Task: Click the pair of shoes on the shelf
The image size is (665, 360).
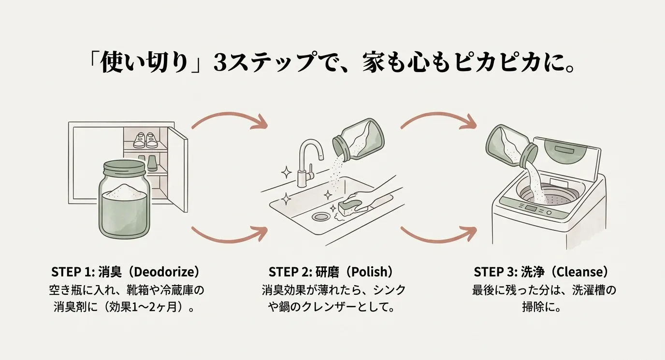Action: point(146,140)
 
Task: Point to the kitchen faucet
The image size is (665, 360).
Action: point(306,159)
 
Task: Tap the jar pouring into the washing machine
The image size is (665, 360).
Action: point(510,145)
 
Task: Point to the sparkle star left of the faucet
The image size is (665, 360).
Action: point(286,173)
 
